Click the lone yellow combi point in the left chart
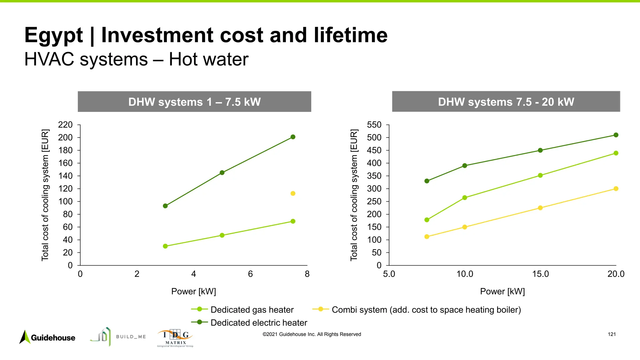click(x=293, y=193)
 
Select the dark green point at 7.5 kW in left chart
click(x=293, y=137)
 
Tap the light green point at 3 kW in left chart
click(x=165, y=246)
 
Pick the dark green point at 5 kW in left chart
click(x=222, y=173)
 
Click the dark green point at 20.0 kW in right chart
click(x=616, y=135)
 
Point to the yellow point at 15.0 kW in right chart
click(x=540, y=208)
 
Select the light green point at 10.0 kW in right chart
click(x=465, y=198)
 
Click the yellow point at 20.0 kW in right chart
click(x=616, y=189)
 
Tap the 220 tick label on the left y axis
click(x=65, y=125)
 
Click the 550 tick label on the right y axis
click(x=374, y=125)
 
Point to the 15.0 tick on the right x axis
click(x=540, y=274)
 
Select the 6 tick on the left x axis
click(x=250, y=274)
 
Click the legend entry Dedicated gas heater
click(x=252, y=310)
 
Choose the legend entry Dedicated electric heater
click(x=259, y=322)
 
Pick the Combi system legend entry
click(x=426, y=310)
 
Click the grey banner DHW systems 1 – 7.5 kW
click(x=194, y=102)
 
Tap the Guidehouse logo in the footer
click(x=47, y=337)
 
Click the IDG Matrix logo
click(x=175, y=338)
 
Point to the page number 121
click(x=612, y=334)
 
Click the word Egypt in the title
click(x=54, y=35)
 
